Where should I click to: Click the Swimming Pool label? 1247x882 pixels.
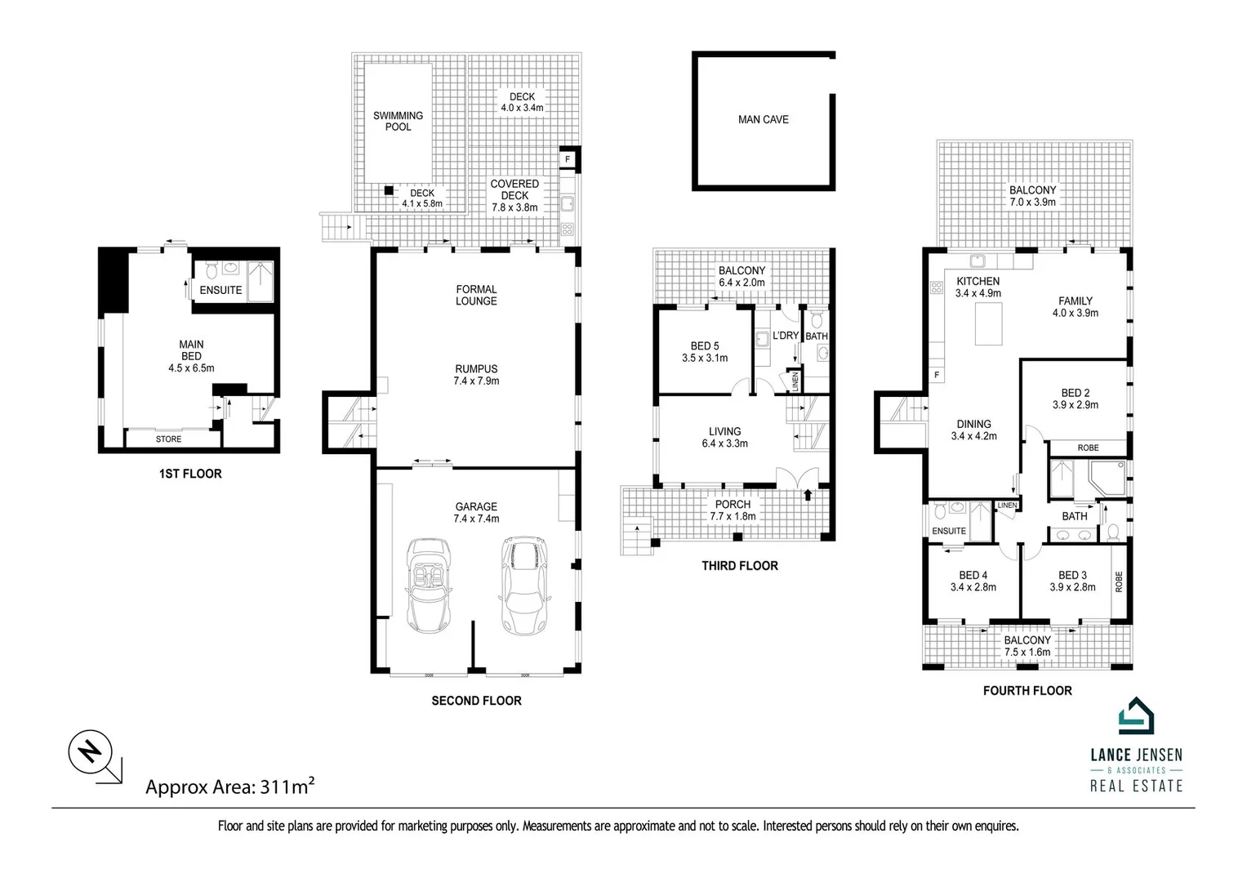398,121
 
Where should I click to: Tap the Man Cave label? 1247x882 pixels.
763,119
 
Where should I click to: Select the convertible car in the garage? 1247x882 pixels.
428,586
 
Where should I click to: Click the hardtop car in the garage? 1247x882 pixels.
521,585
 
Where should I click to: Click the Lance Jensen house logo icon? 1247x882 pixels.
1135,719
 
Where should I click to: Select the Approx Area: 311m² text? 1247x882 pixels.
229,786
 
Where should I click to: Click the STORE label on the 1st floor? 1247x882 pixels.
168,439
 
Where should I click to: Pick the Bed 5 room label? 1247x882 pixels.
704,346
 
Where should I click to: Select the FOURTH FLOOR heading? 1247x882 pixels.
1027,691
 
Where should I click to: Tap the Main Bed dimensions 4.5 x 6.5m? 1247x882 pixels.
191,368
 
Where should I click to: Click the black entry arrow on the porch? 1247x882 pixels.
808,494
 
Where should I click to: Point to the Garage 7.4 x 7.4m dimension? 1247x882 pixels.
476,519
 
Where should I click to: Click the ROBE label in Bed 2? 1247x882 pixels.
1088,448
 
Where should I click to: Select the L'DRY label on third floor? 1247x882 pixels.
785,336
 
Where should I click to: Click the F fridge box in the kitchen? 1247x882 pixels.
936,375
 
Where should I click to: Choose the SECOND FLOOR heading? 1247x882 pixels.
476,701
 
